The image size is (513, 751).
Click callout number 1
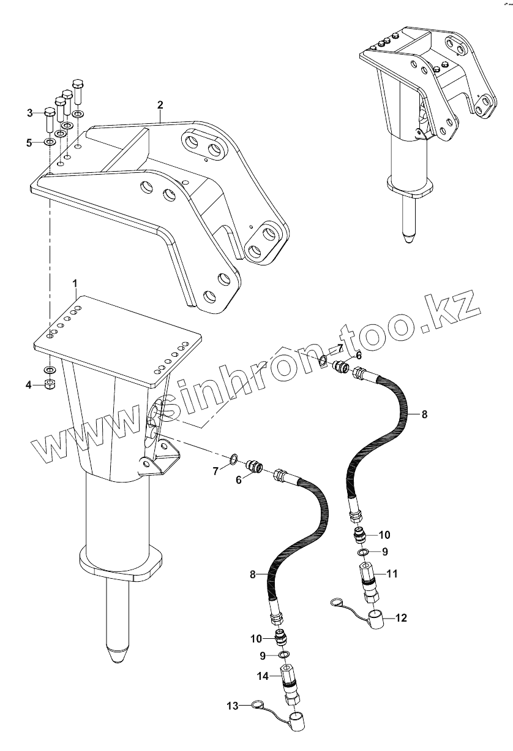pos(75,283)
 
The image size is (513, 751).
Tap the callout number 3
pos(29,112)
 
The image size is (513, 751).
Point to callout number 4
pos(29,384)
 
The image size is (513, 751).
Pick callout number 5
pos(29,143)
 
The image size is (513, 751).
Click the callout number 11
pos(392,574)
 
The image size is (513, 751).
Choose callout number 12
pos(401,617)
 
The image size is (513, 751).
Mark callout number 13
pos(232,706)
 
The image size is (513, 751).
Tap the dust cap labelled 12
pos(375,615)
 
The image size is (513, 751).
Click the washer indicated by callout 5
pos(50,142)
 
